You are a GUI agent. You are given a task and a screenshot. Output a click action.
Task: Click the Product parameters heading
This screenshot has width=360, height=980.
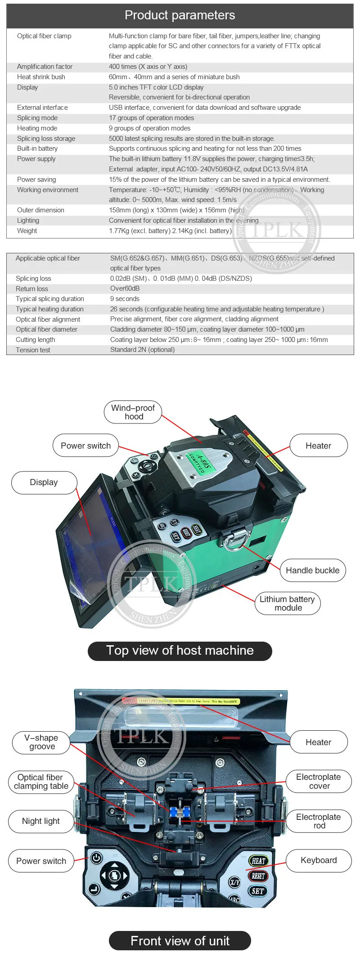tap(180, 15)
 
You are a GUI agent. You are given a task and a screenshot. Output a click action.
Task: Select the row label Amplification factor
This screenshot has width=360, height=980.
tap(45, 67)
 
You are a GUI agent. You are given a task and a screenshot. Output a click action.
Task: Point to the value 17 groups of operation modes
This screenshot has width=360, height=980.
tap(151, 118)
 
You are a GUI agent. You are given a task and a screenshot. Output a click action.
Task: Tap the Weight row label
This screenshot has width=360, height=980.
tap(27, 231)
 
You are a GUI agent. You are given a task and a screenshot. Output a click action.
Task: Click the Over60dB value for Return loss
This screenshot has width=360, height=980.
tap(125, 288)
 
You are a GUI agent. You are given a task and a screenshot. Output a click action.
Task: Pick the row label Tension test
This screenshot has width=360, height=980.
tap(33, 350)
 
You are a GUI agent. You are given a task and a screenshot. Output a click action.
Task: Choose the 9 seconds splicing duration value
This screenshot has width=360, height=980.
tap(125, 299)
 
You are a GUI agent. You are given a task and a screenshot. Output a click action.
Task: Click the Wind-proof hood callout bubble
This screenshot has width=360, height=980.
tap(133, 412)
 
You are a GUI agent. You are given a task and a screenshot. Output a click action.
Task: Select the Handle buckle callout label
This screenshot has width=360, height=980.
tap(312, 571)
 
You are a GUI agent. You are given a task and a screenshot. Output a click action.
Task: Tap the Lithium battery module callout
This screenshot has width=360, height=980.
tap(287, 603)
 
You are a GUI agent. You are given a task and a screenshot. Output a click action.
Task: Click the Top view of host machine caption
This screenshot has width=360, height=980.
tap(180, 651)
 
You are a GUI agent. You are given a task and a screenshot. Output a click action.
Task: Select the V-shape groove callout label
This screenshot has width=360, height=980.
tap(41, 742)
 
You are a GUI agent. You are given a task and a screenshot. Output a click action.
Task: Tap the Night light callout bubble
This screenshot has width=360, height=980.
tap(40, 821)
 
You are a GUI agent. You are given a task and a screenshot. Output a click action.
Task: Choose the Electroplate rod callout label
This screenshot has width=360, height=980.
tap(319, 821)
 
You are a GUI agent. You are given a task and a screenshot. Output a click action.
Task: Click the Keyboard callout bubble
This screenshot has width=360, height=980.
tap(319, 860)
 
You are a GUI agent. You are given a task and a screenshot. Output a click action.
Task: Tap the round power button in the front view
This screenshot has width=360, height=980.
tap(96, 858)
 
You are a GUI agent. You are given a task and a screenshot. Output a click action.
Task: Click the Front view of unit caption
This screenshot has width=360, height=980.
tap(180, 940)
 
